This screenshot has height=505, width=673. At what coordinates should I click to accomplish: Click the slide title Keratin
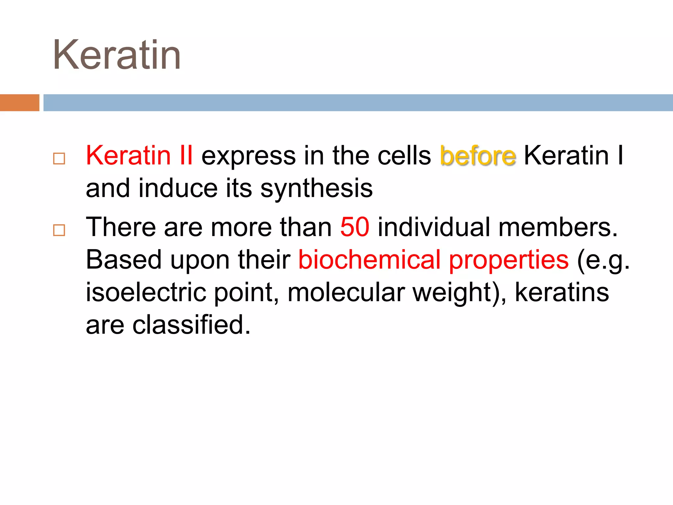[x=117, y=55]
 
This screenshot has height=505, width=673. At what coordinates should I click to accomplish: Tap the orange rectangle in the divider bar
[x=19, y=103]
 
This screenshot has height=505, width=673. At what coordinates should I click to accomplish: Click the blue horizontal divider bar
[x=358, y=103]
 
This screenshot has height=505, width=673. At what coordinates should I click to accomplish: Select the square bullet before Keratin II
[x=59, y=159]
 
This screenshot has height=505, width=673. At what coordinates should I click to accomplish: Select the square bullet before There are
[x=59, y=230]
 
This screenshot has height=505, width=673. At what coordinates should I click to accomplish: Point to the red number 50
[x=355, y=227]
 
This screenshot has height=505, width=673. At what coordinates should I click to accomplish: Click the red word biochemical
[x=369, y=260]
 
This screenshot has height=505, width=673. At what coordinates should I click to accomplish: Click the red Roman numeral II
[x=186, y=156]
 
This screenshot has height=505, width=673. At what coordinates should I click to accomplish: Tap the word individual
[x=434, y=227]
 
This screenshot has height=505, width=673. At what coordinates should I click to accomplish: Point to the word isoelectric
[x=146, y=292]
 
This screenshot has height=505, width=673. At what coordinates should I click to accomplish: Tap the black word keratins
[x=562, y=292]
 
